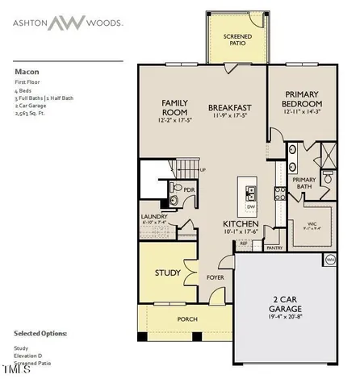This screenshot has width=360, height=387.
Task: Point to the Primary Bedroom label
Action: click(302, 99)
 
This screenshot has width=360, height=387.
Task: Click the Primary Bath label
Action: click(303, 183)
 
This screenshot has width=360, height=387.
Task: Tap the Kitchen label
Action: click(241, 223)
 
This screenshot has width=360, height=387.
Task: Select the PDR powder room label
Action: click(189, 190)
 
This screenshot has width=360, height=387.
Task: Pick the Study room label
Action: click(167, 273)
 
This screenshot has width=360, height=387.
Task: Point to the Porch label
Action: click(187, 319)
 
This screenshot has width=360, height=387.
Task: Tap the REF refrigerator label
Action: click(243, 243)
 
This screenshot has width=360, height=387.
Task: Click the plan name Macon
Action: click(26, 70)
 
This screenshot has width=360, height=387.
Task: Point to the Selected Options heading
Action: click(40, 332)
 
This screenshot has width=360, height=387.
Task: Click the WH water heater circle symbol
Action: click(329, 260)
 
